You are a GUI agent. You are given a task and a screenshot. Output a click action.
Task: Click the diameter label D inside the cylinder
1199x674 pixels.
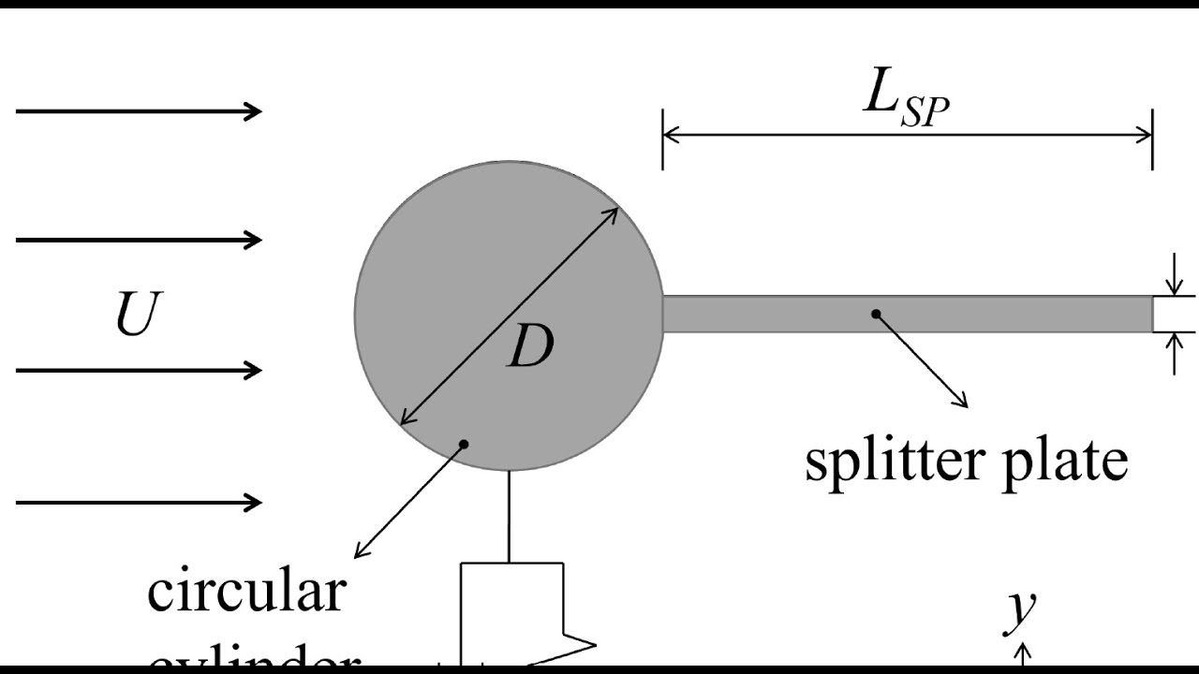[530, 348]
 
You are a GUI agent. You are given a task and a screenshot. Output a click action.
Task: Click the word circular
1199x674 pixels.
[246, 591]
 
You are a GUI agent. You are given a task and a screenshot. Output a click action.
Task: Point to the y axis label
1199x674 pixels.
[1020, 609]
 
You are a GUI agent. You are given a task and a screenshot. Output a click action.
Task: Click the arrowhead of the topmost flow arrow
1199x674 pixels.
[255, 111]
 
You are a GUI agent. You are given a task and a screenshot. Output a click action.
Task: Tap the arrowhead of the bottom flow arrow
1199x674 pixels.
[255, 503]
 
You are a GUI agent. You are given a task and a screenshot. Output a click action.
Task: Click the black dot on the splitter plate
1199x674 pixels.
[877, 314]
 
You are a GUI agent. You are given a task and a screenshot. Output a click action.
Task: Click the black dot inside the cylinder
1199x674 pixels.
[464, 443]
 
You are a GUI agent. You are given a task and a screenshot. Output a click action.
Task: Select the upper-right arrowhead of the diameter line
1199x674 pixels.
[613, 212]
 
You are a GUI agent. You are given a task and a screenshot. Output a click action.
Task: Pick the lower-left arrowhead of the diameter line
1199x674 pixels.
[406, 420]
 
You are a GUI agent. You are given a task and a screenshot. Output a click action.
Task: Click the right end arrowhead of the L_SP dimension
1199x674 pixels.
[1146, 136]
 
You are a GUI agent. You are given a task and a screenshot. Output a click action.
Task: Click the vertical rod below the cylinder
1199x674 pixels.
[510, 515]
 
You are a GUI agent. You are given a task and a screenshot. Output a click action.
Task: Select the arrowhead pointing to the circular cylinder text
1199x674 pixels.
[360, 554]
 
